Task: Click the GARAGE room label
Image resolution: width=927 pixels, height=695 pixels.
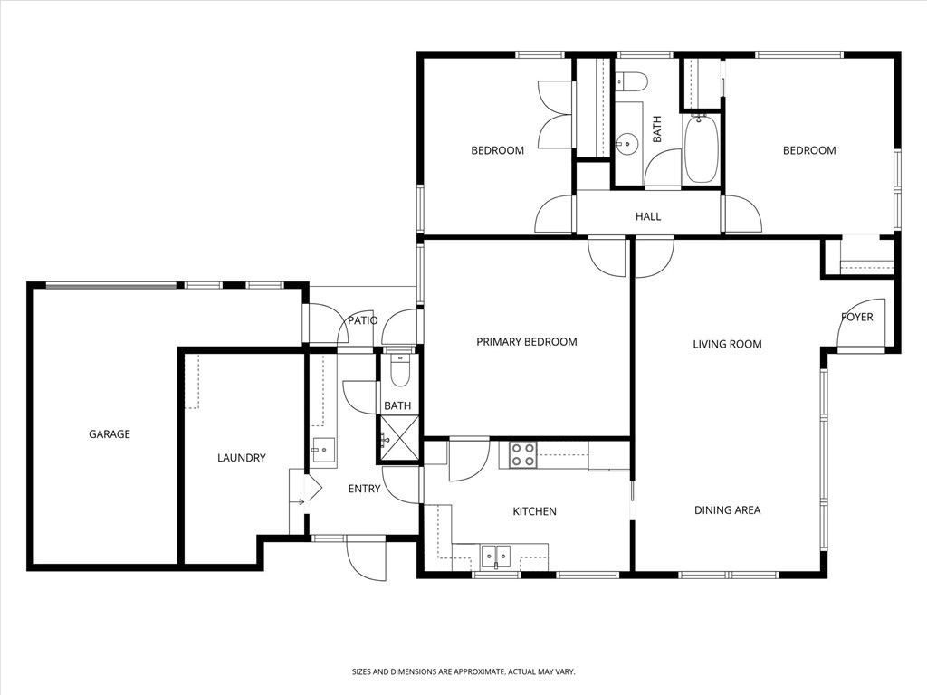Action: [x=109, y=434]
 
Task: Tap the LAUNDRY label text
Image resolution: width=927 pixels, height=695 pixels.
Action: [x=242, y=458]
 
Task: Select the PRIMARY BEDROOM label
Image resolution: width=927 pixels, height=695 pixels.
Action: [x=526, y=342]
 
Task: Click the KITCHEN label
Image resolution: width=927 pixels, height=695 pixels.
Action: [x=534, y=512]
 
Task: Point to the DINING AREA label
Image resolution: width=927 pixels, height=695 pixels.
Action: [x=727, y=510]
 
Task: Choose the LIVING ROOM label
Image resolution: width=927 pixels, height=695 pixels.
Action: [x=727, y=344]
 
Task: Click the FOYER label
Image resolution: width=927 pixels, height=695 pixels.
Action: [x=856, y=318]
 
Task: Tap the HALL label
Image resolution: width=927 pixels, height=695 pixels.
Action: [x=648, y=217]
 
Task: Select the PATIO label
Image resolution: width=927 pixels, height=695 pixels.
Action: [x=362, y=320]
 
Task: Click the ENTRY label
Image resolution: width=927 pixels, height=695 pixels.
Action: [x=364, y=489]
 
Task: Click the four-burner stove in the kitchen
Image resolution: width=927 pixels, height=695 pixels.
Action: [x=521, y=454]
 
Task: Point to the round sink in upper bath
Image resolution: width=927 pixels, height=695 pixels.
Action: [x=626, y=143]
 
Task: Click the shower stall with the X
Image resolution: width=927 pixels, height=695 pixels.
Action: [x=398, y=440]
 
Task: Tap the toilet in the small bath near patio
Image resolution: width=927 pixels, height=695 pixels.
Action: [x=398, y=369]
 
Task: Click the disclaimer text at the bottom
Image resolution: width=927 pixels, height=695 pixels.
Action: [x=463, y=671]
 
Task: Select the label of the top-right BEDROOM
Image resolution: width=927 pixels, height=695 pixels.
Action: [x=808, y=150]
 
